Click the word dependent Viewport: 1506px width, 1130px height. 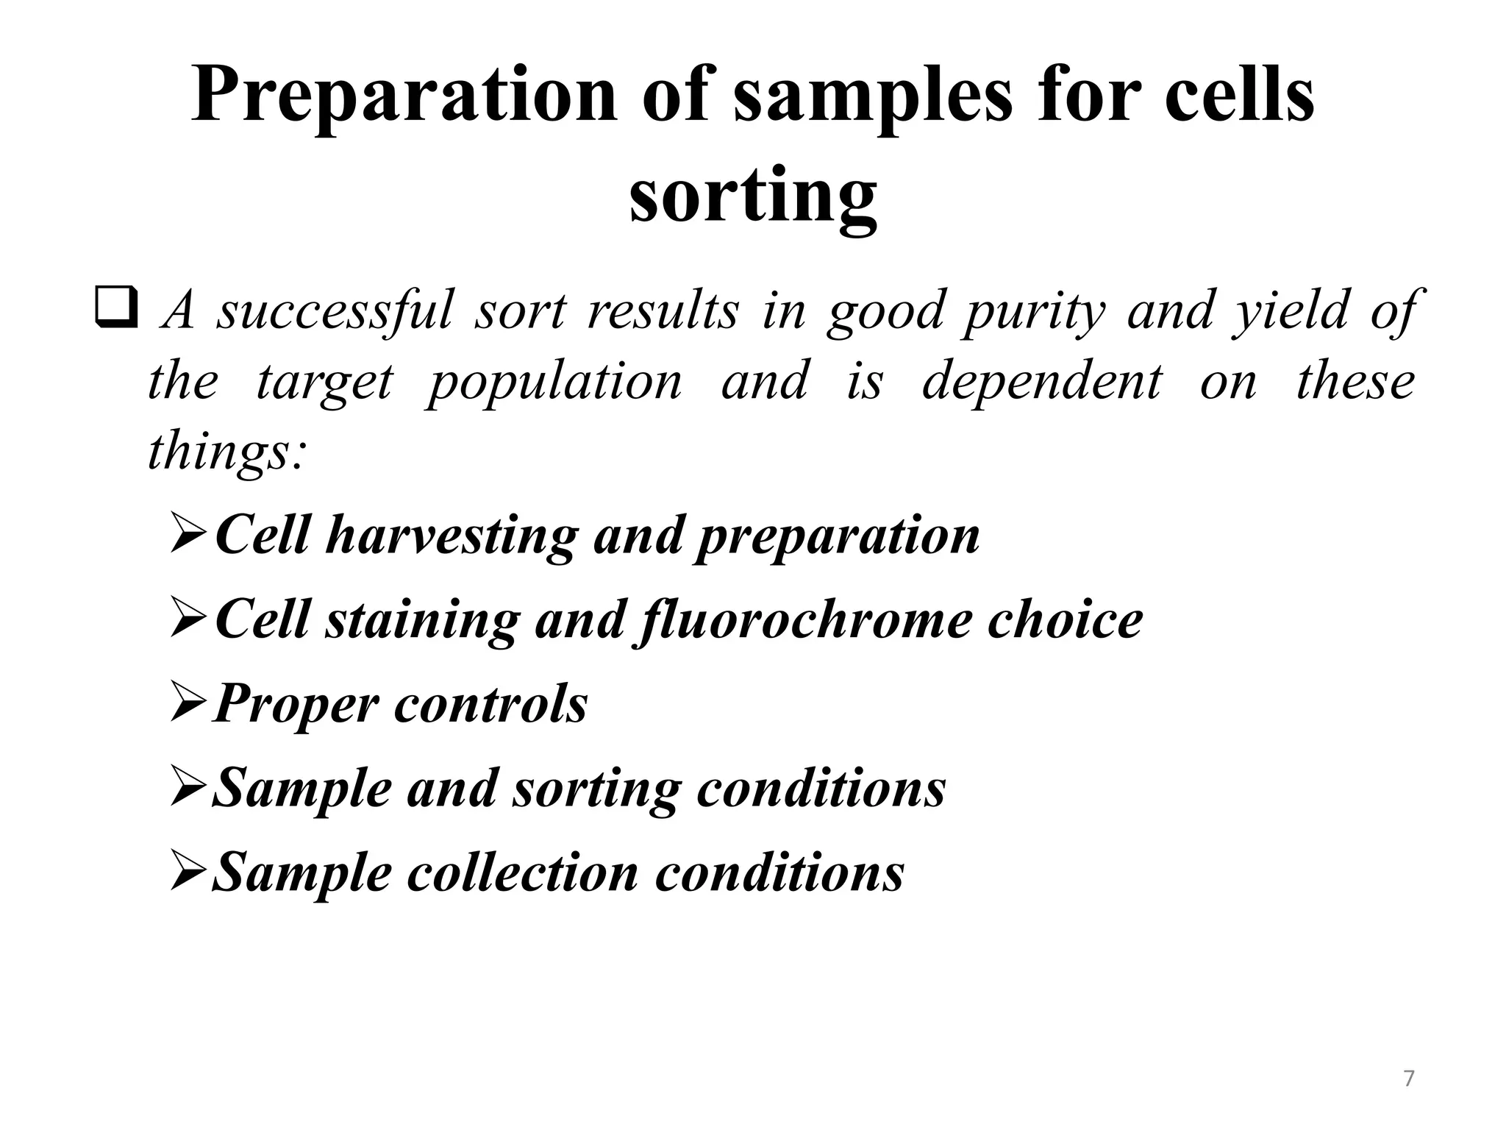1042,381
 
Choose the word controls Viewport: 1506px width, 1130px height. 491,704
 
